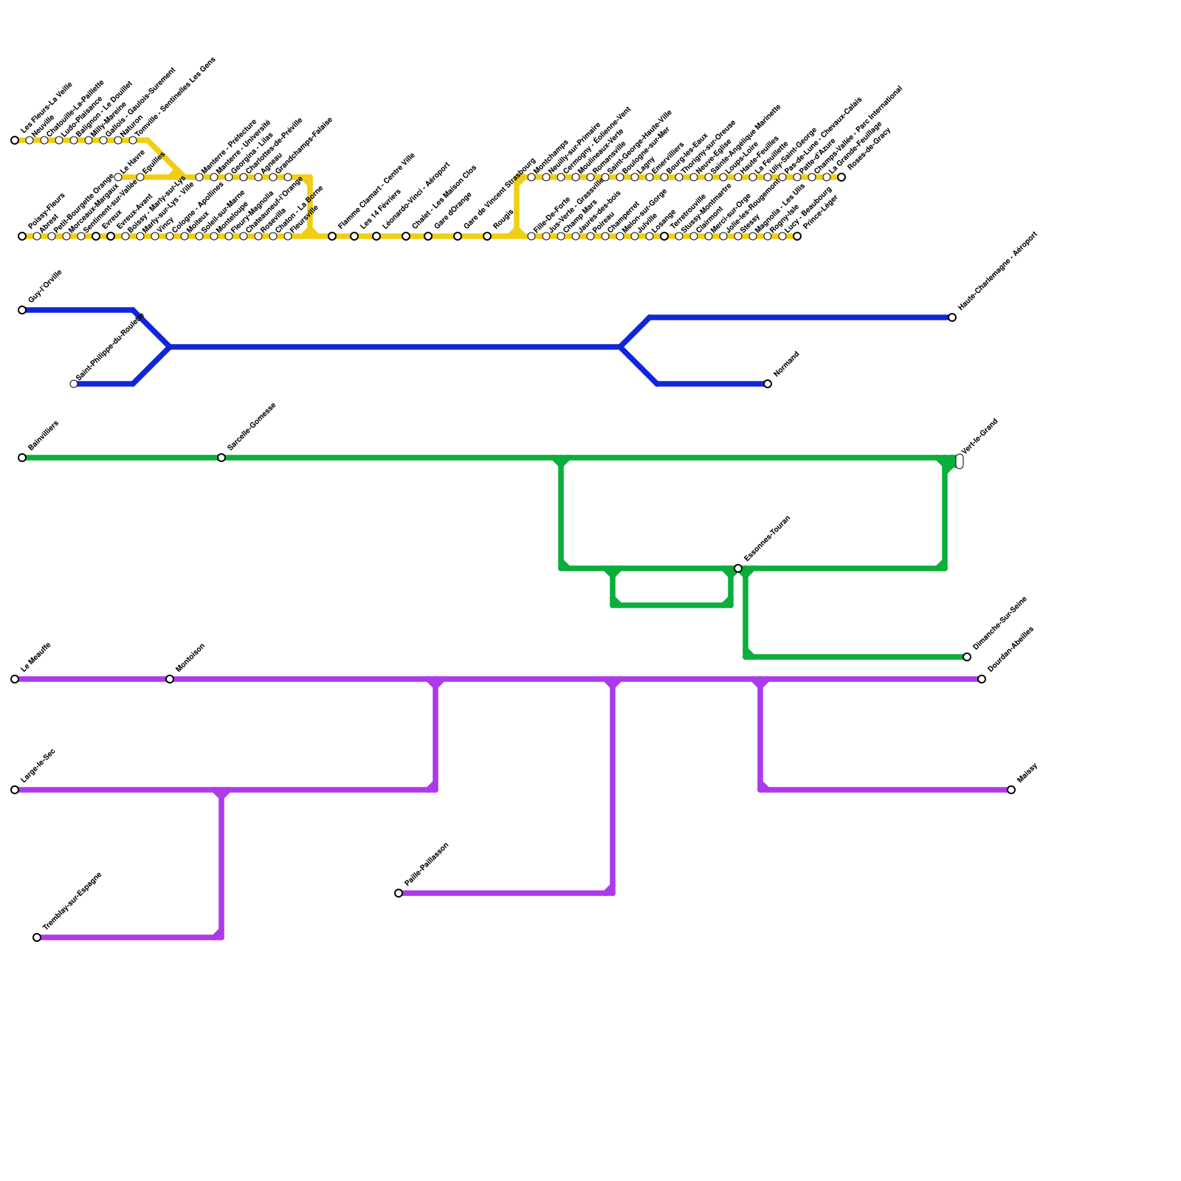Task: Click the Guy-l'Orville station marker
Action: pyautogui.click(x=22, y=310)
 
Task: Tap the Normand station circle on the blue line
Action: pyautogui.click(x=768, y=384)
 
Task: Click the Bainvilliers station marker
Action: pyautogui.click(x=22, y=458)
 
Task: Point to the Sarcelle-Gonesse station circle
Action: pyautogui.click(x=221, y=458)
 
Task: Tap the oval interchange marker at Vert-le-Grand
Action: pyautogui.click(x=960, y=461)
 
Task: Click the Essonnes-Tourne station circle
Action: pyautogui.click(x=738, y=568)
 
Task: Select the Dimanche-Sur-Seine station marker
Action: pyautogui.click(x=967, y=657)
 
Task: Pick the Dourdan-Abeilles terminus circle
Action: pyautogui.click(x=982, y=679)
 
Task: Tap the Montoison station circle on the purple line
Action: pyautogui.click(x=170, y=679)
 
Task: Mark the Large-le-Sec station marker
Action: pyautogui.click(x=15, y=790)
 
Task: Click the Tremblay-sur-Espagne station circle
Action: pyautogui.click(x=37, y=937)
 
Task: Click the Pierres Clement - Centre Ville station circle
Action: pyautogui.click(x=332, y=236)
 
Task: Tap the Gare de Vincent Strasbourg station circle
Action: pyautogui.click(x=458, y=236)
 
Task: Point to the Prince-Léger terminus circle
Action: pyautogui.click(x=797, y=236)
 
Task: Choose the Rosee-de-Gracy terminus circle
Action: pyautogui.click(x=841, y=177)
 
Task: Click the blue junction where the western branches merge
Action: pyautogui.click(x=170, y=347)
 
